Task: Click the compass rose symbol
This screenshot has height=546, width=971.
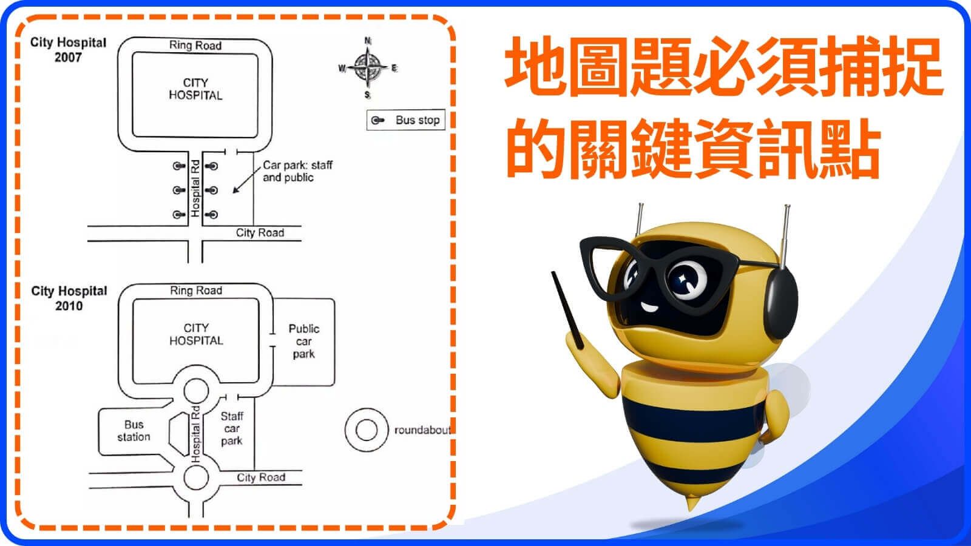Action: [368, 67]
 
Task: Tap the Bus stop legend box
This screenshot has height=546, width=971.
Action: [406, 120]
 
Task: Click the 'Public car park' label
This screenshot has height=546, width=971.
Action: [303, 341]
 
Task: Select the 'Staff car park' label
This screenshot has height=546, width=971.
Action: [232, 428]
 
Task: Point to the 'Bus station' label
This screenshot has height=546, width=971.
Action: [134, 431]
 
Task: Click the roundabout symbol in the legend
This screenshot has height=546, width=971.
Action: [366, 430]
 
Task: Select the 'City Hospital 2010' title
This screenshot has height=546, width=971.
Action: [69, 298]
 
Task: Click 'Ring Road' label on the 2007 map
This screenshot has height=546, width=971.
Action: [195, 45]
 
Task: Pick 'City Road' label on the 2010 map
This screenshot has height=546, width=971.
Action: [261, 477]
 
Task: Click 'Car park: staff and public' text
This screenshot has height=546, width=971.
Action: [297, 171]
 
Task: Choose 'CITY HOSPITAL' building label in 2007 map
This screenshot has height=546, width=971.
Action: [195, 89]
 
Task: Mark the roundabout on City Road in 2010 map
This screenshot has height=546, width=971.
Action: [195, 477]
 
